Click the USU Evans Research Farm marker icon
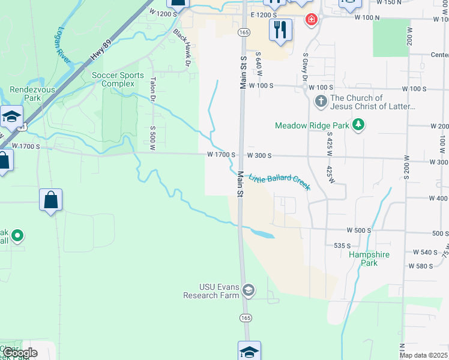click(249, 291)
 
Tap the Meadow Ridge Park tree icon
click(358, 125)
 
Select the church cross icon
click(321, 102)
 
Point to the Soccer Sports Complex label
click(118, 79)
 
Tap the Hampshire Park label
click(369, 259)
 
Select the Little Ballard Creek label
click(279, 182)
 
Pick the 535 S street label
click(342, 246)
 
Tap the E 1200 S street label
click(264, 14)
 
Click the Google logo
click(20, 352)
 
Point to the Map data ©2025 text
click(423, 355)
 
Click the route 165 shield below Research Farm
click(245, 317)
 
